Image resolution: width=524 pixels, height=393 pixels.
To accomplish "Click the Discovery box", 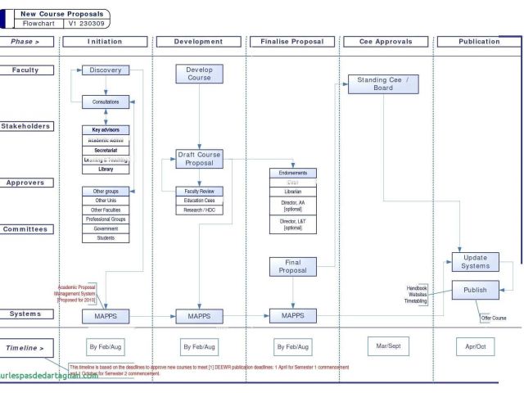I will [106, 70].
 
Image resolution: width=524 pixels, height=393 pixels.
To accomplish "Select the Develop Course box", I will [199, 74].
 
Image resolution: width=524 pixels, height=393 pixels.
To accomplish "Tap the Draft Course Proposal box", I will [199, 159].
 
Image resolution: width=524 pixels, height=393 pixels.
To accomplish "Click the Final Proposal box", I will [292, 266].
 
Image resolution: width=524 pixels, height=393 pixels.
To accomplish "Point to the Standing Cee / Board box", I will [383, 84].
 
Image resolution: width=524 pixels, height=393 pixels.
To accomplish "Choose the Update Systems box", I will [475, 262].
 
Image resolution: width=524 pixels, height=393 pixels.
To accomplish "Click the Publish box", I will [475, 290].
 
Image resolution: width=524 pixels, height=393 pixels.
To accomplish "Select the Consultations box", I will [106, 102].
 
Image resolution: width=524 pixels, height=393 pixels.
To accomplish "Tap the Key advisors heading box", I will [106, 130].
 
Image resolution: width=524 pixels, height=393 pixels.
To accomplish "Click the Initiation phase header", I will [105, 42].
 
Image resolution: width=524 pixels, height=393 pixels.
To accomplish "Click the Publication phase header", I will [479, 42].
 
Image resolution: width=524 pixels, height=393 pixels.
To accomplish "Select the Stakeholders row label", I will [25, 126].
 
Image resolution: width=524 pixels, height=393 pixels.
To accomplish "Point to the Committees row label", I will [25, 229].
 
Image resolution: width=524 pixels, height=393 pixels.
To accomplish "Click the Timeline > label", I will [25, 348].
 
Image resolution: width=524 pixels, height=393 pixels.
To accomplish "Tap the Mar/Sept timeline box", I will [387, 346].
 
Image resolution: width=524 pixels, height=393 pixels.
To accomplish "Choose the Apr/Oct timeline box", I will [475, 347].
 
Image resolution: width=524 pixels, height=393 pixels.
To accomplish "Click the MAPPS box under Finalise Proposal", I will [292, 315].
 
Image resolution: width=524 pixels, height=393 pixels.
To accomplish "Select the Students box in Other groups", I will [106, 238].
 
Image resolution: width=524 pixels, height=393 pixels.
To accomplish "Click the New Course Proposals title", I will [61, 14].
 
